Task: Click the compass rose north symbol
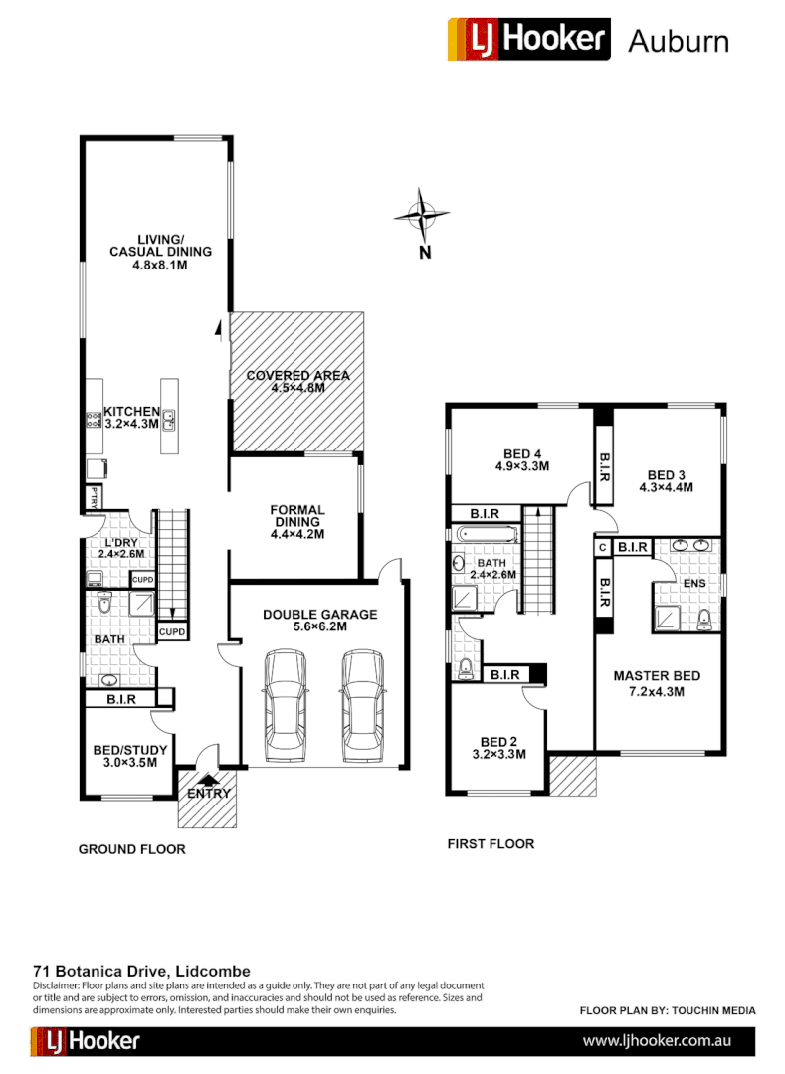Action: coord(423,214)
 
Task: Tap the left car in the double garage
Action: coord(287,705)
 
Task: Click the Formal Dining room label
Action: coord(297,515)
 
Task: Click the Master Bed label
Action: coord(657,676)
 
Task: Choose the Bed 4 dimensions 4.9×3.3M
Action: coord(522,465)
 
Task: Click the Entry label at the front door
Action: coord(208,793)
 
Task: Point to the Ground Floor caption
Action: coord(132,849)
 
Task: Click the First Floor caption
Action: coord(491,844)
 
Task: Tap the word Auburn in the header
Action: coord(679,41)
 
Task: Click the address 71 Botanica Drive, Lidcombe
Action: coord(141,971)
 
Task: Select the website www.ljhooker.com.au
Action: coord(658,1041)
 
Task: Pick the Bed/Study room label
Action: coord(129,749)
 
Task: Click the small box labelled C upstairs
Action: coord(602,547)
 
